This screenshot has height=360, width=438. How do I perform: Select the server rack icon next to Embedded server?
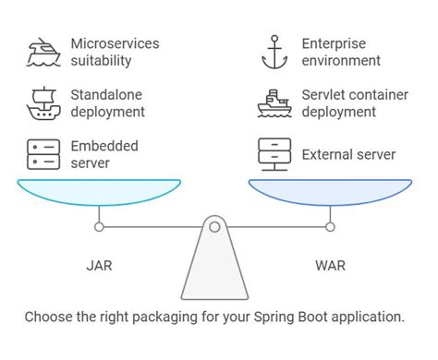pos(44,153)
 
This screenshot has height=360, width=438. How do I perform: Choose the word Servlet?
pos(324,94)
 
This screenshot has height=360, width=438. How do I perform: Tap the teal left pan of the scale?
pos(100,193)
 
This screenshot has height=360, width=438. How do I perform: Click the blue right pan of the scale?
pos(330,193)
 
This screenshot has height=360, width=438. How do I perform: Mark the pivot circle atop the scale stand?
pos(214,225)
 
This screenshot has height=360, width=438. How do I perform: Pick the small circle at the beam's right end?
pos(330,225)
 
